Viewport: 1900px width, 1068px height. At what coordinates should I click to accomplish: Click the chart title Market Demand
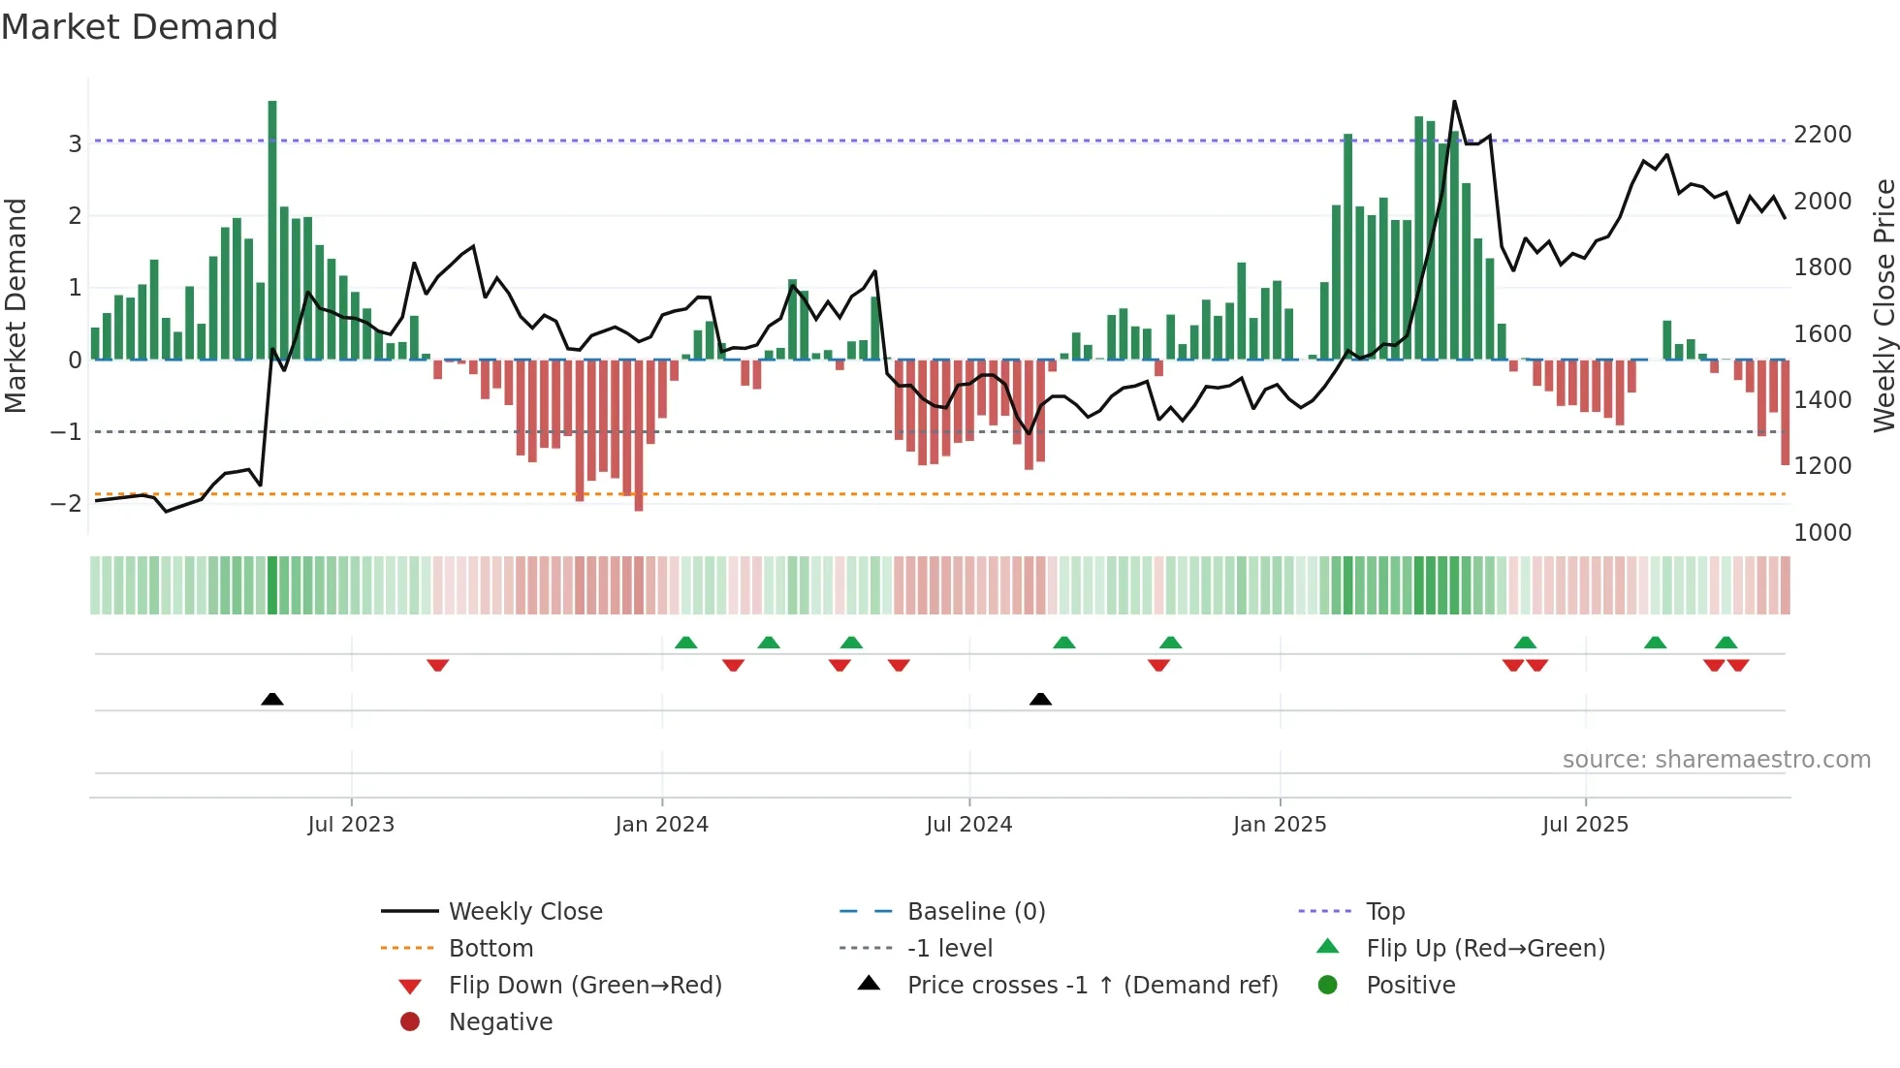140,27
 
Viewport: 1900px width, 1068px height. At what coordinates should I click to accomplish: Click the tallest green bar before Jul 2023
272,229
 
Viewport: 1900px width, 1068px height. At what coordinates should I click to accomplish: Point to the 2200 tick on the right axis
1821,135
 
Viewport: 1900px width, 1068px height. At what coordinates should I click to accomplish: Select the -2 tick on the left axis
67,503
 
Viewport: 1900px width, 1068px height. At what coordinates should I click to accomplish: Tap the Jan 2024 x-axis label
661,825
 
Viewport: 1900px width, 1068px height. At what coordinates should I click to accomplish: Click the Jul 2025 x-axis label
1585,825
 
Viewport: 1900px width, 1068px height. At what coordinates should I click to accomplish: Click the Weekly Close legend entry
524,912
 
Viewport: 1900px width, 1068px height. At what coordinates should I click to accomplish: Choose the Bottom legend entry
491,949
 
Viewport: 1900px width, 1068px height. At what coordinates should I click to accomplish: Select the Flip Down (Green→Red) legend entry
585,986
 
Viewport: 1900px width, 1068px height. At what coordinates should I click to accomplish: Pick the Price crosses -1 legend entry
1092,986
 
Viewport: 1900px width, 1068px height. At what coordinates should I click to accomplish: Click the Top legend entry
1384,912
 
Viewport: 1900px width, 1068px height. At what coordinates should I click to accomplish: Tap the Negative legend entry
500,1022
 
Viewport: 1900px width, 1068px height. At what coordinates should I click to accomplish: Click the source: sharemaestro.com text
1716,760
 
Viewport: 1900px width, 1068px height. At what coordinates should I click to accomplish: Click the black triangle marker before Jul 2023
272,699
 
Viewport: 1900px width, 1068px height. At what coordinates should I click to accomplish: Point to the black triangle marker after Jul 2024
1040,699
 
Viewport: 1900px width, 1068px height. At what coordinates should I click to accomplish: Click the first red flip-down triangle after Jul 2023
437,665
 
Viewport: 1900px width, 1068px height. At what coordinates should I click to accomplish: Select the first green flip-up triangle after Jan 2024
685,643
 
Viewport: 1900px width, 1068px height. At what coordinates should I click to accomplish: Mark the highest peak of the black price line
1454,102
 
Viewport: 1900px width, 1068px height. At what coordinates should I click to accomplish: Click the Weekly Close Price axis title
1884,305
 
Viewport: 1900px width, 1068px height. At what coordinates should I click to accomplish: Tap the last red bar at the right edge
1785,412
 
